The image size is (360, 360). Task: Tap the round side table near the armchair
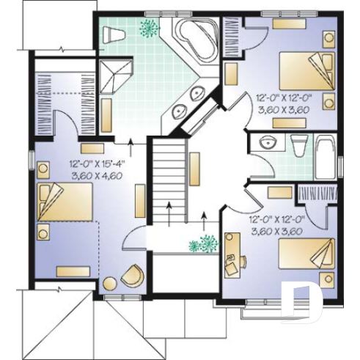[110, 284]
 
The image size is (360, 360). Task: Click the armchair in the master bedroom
[134, 275]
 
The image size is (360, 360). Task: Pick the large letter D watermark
[301, 301]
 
